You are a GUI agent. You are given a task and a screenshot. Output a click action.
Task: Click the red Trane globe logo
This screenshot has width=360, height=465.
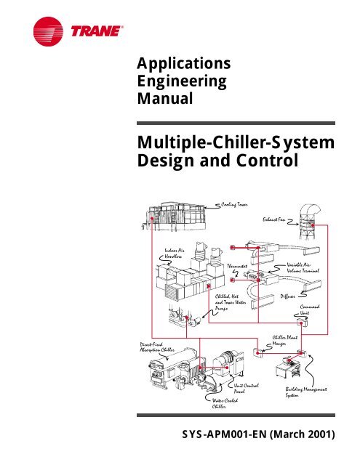48,31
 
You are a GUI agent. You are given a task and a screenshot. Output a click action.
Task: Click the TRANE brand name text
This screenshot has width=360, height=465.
97,31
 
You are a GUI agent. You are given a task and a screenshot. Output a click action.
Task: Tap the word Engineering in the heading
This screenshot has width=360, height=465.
182,82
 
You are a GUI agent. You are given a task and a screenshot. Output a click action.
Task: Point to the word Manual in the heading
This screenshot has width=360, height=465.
165,99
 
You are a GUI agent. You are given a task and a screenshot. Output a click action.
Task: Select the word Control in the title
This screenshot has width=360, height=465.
267,161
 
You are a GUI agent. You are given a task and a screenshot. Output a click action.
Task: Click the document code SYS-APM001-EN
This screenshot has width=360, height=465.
224,434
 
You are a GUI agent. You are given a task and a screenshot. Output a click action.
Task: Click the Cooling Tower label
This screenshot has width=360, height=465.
234,205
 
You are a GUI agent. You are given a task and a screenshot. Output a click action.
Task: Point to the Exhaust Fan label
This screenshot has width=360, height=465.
274,219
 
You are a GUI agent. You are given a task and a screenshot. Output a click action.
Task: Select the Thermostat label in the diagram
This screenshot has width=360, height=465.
237,266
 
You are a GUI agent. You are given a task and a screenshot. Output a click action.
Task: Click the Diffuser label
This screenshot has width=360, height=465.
287,296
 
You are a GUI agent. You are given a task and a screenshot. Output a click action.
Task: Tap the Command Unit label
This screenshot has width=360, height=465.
310,310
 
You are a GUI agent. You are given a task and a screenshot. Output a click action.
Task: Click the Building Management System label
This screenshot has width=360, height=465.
306,392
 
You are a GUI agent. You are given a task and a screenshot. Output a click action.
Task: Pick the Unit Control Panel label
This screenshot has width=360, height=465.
246,388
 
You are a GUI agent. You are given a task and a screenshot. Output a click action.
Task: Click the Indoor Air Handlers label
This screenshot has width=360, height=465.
175,254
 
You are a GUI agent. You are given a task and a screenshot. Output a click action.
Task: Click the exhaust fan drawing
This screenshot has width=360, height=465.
308,221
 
